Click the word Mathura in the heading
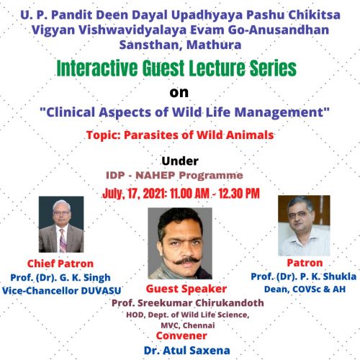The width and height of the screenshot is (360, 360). click(x=214, y=45)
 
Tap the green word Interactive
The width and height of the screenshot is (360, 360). click(x=97, y=68)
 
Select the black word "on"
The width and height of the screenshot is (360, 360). click(x=179, y=93)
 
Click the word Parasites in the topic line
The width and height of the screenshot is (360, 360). click(x=151, y=135)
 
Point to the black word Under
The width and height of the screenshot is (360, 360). click(x=180, y=161)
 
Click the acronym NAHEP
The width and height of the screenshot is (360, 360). click(x=156, y=176)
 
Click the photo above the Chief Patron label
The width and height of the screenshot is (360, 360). click(x=61, y=224)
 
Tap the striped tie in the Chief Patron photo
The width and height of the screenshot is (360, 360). click(x=63, y=240)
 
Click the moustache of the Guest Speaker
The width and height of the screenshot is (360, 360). click(x=186, y=261)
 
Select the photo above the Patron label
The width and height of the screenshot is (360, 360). click(x=304, y=225)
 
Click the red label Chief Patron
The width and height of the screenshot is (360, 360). click(x=60, y=264)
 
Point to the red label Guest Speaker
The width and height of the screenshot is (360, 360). click(x=186, y=289)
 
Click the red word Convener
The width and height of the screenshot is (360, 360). click(x=181, y=336)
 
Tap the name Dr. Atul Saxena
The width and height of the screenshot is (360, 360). click(x=187, y=351)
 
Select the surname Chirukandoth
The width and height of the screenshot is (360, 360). click(x=230, y=303)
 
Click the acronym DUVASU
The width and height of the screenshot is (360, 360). click(x=101, y=291)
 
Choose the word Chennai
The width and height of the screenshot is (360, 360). click(x=199, y=325)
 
